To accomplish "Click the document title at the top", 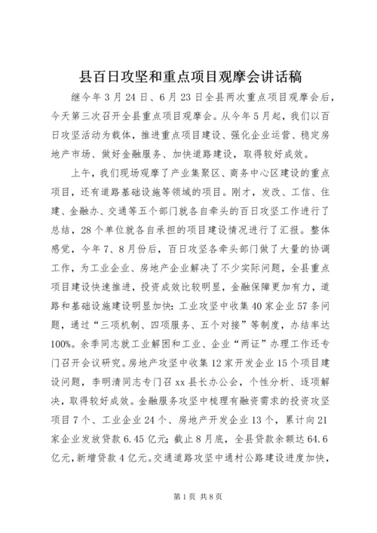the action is click(x=188, y=76).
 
